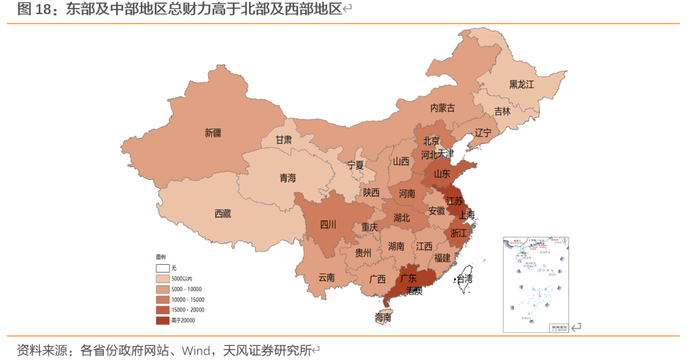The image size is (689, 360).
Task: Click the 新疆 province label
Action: pos(213,133)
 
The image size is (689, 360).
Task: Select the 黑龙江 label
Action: pos(521,84)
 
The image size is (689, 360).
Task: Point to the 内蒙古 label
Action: pos(442,108)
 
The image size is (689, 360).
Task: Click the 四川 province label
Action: pos(328,224)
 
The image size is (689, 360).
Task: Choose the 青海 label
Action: pos(288,178)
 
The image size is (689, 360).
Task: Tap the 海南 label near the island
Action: pos(383,317)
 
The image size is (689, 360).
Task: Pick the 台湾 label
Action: pos(464,279)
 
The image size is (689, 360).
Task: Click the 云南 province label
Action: pos(326,278)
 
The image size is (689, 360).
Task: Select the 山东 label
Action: pos(443,173)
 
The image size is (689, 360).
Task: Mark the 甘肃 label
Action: pos(284,139)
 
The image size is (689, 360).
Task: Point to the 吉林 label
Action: pos(502,111)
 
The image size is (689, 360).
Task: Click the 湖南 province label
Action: pos(396,246)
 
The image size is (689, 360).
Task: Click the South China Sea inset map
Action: pos(536,284)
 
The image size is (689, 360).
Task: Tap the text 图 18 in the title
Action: pos(33,9)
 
